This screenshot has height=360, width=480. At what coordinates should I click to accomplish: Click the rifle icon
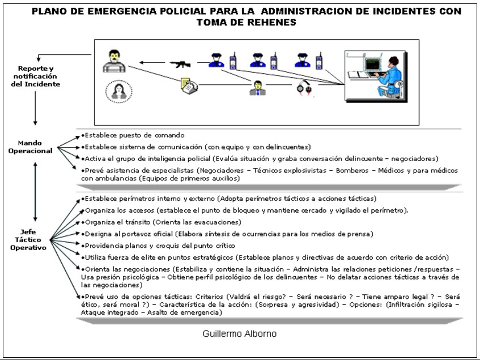coord(180,63)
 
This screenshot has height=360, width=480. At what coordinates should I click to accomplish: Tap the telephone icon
coord(189,85)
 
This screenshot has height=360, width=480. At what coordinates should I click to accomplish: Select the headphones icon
coord(302,88)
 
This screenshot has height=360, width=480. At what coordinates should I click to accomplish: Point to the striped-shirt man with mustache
coord(113,61)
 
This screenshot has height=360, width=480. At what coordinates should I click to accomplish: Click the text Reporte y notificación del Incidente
coord(35,76)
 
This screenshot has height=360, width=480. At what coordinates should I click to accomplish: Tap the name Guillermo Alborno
coord(240,334)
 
